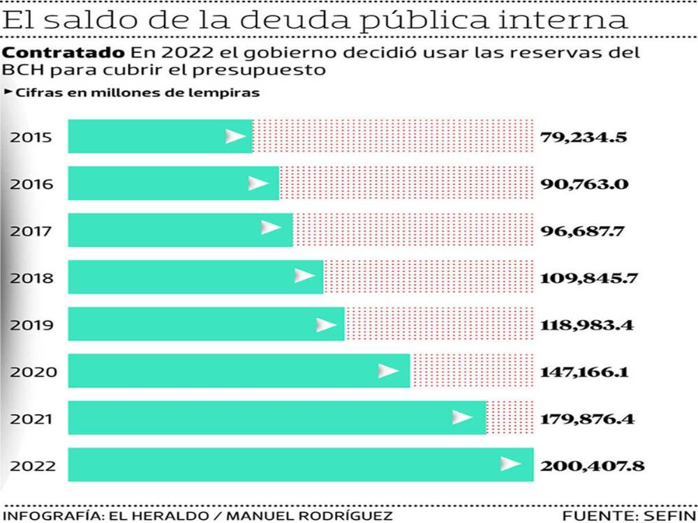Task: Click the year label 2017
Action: click(x=31, y=231)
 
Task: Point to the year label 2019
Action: click(x=31, y=325)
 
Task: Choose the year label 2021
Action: click(x=31, y=419)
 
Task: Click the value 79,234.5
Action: click(x=583, y=137)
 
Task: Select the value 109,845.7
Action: click(x=589, y=278)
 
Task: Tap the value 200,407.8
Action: click(x=591, y=465)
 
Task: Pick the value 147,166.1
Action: click(x=584, y=372)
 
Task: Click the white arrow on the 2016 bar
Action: click(x=258, y=183)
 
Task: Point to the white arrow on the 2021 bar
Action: click(x=462, y=418)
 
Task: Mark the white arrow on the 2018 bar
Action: click(x=304, y=276)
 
